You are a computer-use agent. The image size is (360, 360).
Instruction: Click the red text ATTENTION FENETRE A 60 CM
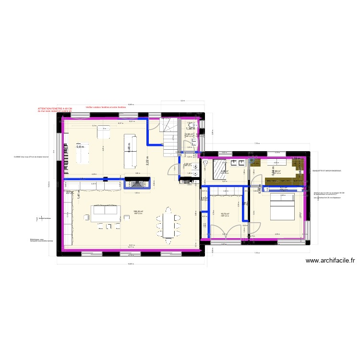pos(54,109)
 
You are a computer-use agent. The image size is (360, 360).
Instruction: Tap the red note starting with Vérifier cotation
pos(105,107)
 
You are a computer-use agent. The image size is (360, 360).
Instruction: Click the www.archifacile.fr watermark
pos(330,261)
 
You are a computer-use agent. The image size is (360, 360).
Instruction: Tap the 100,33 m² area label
pos(138,211)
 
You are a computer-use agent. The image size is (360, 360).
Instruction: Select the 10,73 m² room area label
pos(225,214)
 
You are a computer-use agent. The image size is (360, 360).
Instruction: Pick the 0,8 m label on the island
pos(80,147)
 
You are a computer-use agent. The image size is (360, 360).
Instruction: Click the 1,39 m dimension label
pos(296,158)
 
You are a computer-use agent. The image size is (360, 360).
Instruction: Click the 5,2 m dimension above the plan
pos(182,101)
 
